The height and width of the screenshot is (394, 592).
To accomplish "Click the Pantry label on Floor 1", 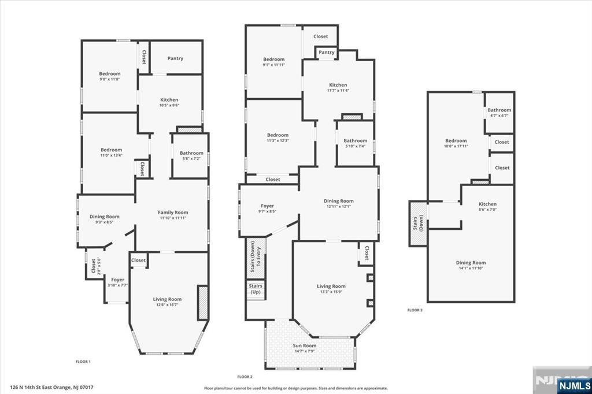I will pyautogui.click(x=175, y=58).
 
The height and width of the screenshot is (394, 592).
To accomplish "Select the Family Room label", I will pyautogui.click(x=173, y=213).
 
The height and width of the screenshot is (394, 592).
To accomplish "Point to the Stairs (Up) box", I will pyautogui.click(x=256, y=289).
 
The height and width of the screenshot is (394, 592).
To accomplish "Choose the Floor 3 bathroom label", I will pyautogui.click(x=499, y=110).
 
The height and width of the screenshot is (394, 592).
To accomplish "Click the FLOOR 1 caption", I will pyautogui.click(x=83, y=362).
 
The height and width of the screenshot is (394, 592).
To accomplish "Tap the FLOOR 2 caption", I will pyautogui.click(x=246, y=376).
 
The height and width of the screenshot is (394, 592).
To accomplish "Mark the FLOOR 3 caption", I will pyautogui.click(x=415, y=310).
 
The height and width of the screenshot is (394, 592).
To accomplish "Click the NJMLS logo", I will pyautogui.click(x=575, y=385).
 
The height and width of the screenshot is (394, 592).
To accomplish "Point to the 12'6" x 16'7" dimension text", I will pyautogui.click(x=167, y=305).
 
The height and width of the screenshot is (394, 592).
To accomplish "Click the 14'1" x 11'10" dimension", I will pyautogui.click(x=471, y=268).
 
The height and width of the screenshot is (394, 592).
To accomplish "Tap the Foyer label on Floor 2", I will pyautogui.click(x=267, y=206).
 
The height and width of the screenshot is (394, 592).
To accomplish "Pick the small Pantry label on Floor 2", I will pyautogui.click(x=327, y=53).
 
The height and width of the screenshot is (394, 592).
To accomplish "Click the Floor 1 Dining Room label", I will pyautogui.click(x=105, y=216).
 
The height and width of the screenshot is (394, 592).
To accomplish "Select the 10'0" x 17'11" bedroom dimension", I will pyautogui.click(x=456, y=147).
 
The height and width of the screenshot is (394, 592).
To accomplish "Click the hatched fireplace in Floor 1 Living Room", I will pyautogui.click(x=202, y=302).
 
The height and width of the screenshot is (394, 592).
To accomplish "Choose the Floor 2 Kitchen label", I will pyautogui.click(x=338, y=85).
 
